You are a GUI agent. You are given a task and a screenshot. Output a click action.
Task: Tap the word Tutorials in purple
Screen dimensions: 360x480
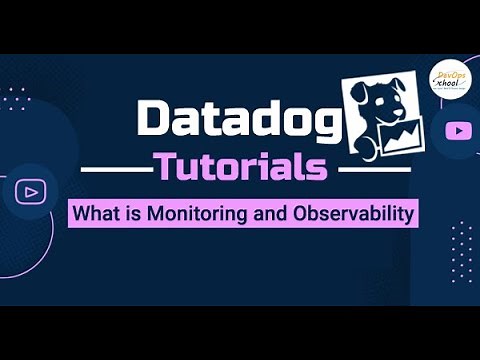coord(240,167)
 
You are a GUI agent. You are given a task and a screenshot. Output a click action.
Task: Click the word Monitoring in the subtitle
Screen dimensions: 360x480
coord(189,214)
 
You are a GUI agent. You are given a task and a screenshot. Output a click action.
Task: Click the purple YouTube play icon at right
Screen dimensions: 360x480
coord(459,130)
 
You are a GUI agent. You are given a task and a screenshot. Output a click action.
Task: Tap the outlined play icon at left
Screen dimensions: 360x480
coord(30,191)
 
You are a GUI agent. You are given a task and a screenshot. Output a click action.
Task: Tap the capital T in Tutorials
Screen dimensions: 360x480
coord(164,167)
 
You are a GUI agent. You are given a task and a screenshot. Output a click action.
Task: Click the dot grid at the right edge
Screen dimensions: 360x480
coord(461,251)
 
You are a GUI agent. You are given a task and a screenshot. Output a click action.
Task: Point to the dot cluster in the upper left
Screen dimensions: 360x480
coord(15,96)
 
